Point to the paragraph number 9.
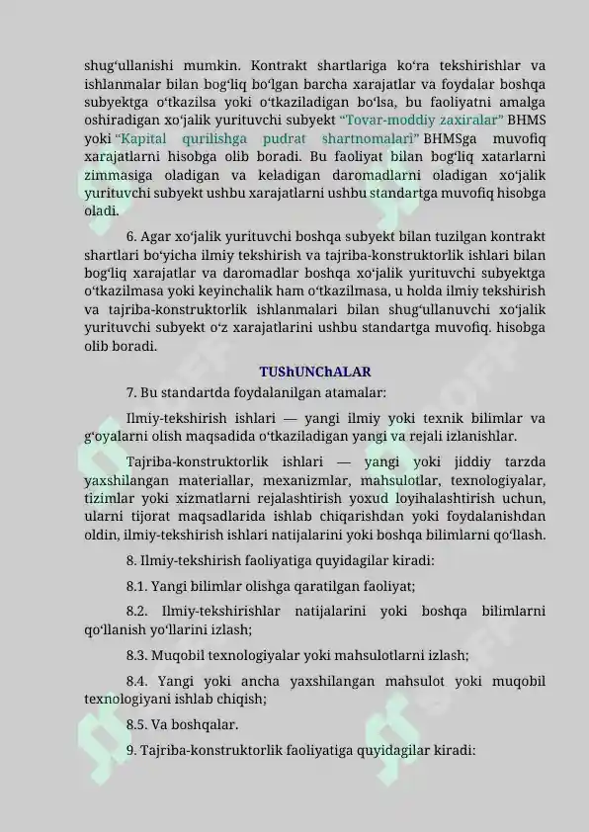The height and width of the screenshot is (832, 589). tap(132, 750)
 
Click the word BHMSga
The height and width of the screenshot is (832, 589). tap(452, 139)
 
